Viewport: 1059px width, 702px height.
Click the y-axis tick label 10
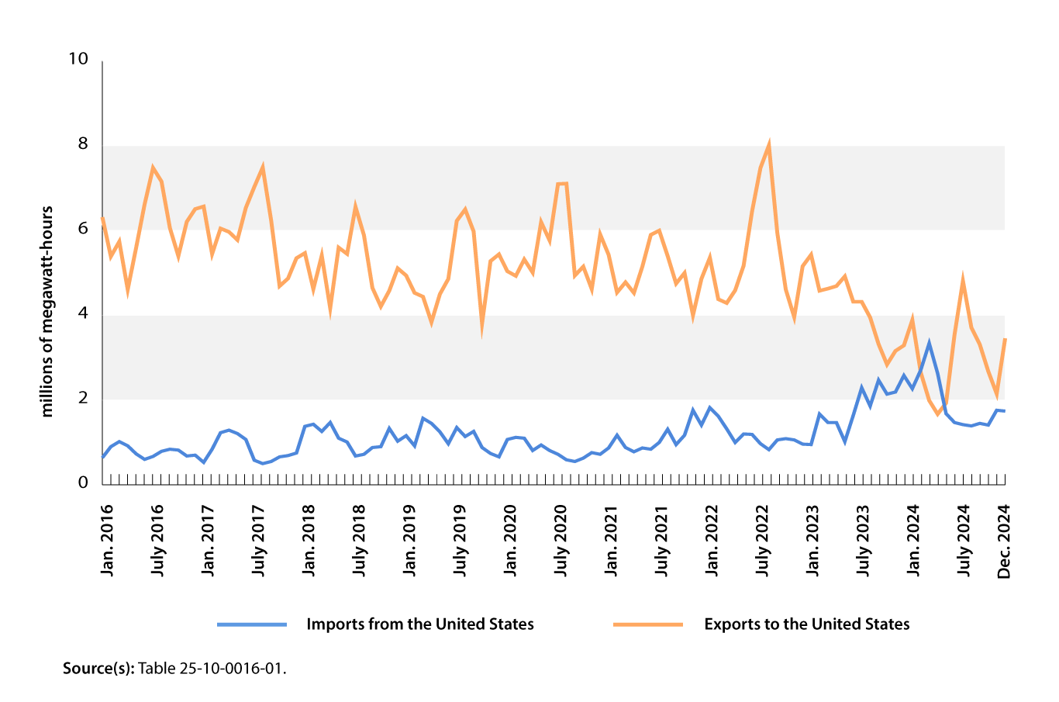tap(78, 60)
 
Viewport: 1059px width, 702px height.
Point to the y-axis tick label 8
tap(83, 144)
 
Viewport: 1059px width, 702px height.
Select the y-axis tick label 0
tap(83, 483)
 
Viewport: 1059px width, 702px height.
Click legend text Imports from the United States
tap(419, 624)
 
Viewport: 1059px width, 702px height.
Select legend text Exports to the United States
tap(806, 624)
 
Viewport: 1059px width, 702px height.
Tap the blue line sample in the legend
tap(251, 624)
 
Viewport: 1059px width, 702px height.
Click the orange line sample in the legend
tap(648, 624)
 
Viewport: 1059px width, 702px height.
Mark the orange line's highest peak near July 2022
tap(768, 144)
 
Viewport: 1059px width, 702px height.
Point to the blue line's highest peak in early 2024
tap(929, 342)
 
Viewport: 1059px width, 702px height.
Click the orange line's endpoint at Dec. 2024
tap(1005, 338)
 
